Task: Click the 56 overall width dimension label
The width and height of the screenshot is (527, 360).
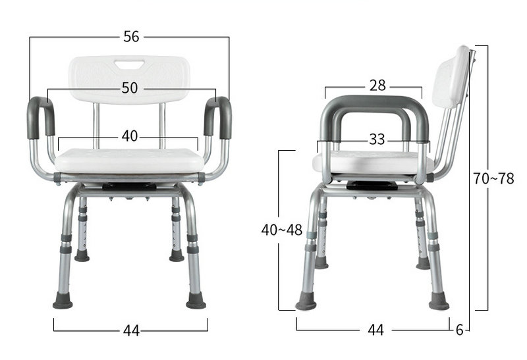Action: pos(131,37)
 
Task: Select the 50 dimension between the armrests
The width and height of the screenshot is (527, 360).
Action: pos(130,88)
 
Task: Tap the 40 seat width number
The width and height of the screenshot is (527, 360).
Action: pos(129,136)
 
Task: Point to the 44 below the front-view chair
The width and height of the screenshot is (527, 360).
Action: pos(131,331)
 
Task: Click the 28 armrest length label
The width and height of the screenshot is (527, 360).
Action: pos(377,86)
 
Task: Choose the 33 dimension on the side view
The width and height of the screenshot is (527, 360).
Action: pos(377,140)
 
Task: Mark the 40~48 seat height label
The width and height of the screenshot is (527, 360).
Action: pos(281,230)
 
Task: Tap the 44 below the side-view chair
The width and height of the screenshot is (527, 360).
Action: pos(375,330)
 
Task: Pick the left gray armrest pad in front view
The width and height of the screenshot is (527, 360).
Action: pos(40,117)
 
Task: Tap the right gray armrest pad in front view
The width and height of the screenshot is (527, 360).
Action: pos(219,117)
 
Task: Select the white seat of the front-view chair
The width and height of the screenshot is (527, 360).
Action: pos(129,160)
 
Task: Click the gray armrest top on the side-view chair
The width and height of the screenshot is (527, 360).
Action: pos(374,103)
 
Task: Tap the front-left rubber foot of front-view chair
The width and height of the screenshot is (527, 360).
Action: pos(63,302)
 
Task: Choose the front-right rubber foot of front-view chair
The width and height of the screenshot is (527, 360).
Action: pos(196,302)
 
